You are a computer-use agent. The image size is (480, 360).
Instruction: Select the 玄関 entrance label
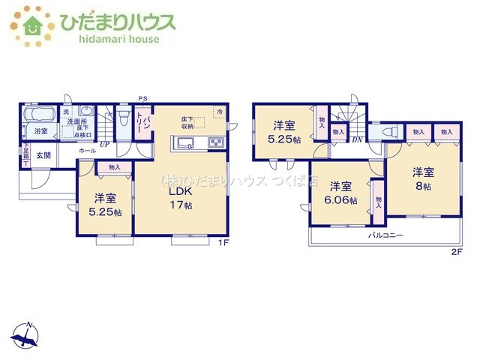tap(43, 155)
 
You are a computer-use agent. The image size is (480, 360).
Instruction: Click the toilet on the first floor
tap(124, 119)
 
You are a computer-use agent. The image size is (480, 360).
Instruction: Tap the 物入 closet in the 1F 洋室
tap(115, 167)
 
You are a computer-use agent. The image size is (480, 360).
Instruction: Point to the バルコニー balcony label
tap(385, 235)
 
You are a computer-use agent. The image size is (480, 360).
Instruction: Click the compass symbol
tap(28, 336)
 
